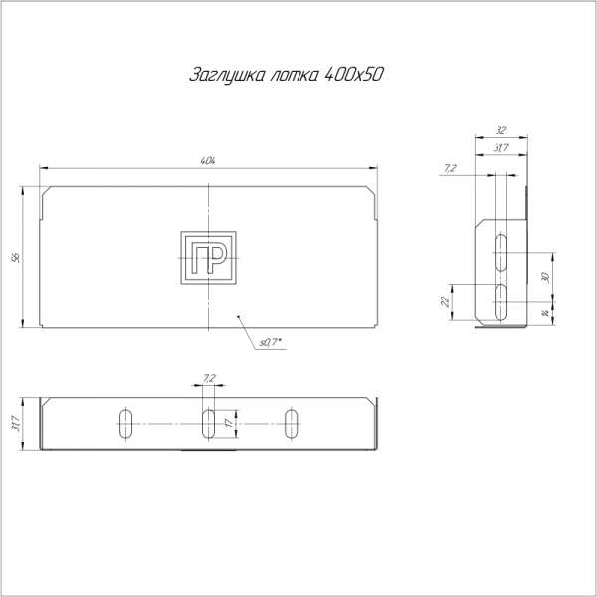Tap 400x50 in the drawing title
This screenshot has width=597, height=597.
pos(353,74)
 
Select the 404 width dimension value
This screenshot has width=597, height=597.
pos(208,161)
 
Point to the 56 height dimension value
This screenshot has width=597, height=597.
pos(16,258)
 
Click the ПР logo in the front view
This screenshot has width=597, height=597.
pos(208,258)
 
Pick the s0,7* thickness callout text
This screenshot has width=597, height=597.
pos(272,342)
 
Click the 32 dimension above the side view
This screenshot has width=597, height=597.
pos(501,130)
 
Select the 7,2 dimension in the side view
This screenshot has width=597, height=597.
pos(450,168)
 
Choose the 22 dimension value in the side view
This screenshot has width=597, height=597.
pos(445,301)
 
